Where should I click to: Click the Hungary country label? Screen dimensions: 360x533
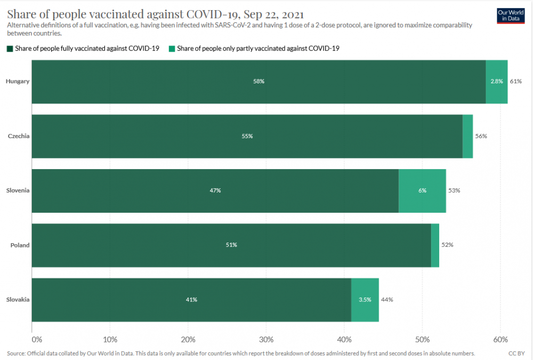tap(17, 82)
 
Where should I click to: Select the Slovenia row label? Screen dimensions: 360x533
tap(18, 190)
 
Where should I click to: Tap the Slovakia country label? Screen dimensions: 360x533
tap(18, 299)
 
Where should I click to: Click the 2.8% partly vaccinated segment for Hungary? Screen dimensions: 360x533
tap(497, 82)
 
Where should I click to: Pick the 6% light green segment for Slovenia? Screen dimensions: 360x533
tap(422, 190)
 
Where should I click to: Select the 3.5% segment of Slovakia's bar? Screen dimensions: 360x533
tap(365, 299)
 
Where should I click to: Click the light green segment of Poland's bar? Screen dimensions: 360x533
tap(435, 245)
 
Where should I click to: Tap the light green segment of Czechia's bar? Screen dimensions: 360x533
tap(467, 136)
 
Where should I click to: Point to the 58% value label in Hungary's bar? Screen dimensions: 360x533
tap(259, 82)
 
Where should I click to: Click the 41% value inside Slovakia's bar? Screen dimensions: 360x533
tap(191, 299)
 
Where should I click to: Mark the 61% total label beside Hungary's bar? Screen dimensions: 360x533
tap(515, 82)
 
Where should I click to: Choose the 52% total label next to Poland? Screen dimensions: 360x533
tap(447, 245)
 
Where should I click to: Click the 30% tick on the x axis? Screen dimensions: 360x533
tap(266, 339)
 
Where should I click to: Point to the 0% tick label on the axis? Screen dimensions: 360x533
tap(36, 339)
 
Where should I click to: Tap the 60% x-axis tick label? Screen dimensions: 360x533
tap(500, 339)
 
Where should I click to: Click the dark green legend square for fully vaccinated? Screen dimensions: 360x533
tap(10, 49)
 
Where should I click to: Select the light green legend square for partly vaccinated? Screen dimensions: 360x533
tap(172, 49)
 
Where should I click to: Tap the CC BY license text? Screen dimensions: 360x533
tap(516, 353)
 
